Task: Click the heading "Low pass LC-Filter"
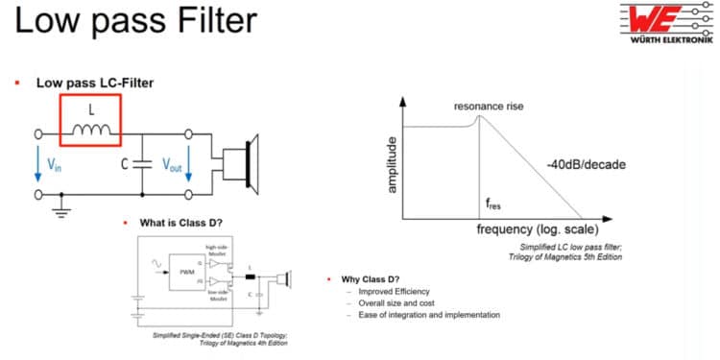pos(95,84)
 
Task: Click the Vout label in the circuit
pos(171,164)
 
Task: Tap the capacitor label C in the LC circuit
pos(124,163)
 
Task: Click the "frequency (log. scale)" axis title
pos(538,230)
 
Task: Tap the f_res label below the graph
pos(492,204)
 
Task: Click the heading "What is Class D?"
pos(180,223)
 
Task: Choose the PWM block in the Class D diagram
pos(177,272)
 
